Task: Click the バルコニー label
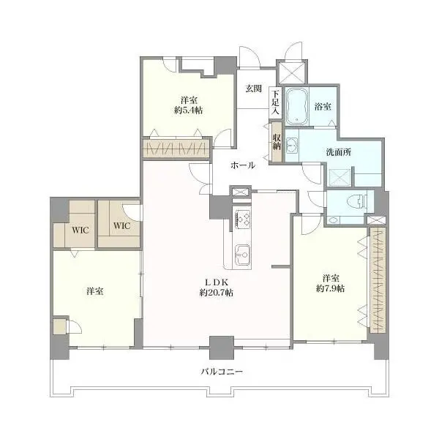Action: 222,372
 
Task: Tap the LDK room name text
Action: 215,282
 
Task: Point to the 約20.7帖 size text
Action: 215,293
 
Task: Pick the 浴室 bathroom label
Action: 322,107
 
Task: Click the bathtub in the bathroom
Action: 298,107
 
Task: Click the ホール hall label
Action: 243,165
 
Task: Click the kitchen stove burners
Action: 242,219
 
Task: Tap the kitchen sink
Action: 242,255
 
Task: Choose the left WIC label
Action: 80,230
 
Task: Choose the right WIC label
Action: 121,225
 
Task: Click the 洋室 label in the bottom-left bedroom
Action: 93,291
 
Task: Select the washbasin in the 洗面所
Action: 291,144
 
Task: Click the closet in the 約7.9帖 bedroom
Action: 377,282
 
